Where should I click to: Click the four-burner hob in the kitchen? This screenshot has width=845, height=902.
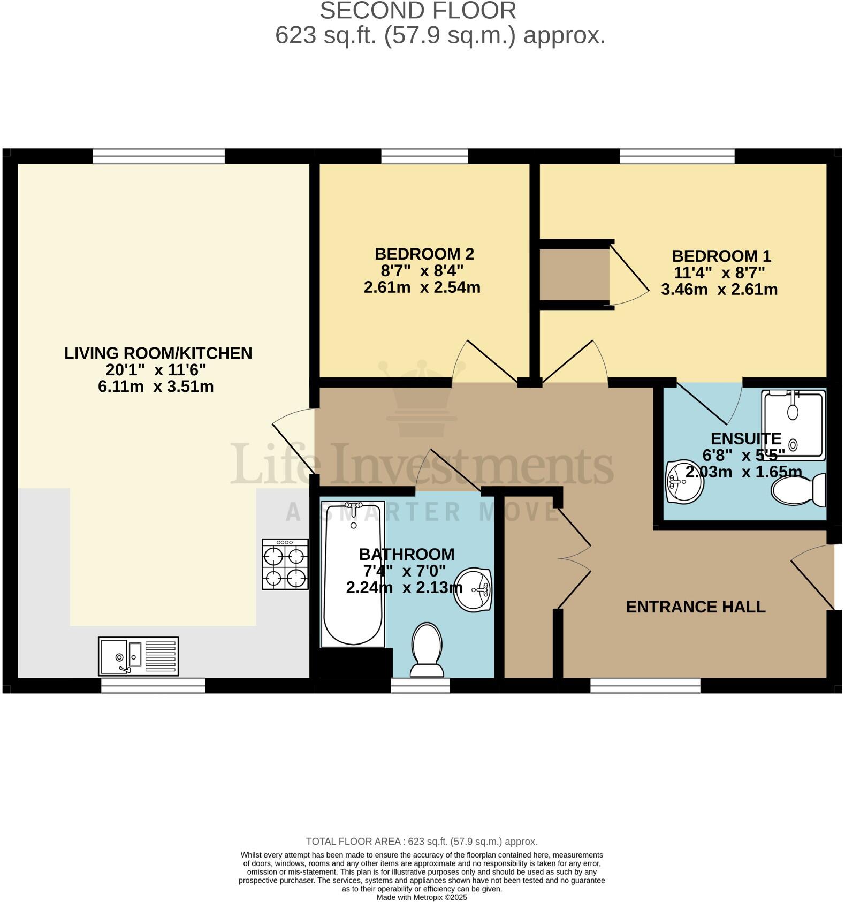pos(285,564)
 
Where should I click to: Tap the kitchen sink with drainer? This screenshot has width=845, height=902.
pos(138,656)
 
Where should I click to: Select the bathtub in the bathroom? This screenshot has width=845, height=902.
pos(353,574)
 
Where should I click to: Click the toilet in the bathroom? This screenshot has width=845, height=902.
pos(426,649)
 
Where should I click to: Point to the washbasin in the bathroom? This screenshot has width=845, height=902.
pos(473,589)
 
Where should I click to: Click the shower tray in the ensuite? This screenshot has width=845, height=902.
pos(794,424)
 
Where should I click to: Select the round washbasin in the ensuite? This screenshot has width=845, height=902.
pos(683,482)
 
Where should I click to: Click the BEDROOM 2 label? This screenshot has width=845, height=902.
pos(424,254)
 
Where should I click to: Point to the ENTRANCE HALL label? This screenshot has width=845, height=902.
pos(695,607)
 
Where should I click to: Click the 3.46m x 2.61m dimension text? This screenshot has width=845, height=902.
pos(719,290)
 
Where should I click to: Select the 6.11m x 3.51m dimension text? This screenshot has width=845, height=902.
pos(156,386)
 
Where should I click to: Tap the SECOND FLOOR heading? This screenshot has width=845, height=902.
pos(418,11)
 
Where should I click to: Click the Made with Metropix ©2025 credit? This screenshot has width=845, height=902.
pos(422,897)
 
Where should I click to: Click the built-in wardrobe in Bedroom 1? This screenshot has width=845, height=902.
pos(574,275)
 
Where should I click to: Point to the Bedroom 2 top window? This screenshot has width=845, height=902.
pos(424,156)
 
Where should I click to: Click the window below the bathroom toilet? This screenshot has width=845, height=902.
pos(420,686)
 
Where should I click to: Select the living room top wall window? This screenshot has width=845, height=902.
pos(158,156)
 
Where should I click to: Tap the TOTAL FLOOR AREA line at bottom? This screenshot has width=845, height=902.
pos(422,842)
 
